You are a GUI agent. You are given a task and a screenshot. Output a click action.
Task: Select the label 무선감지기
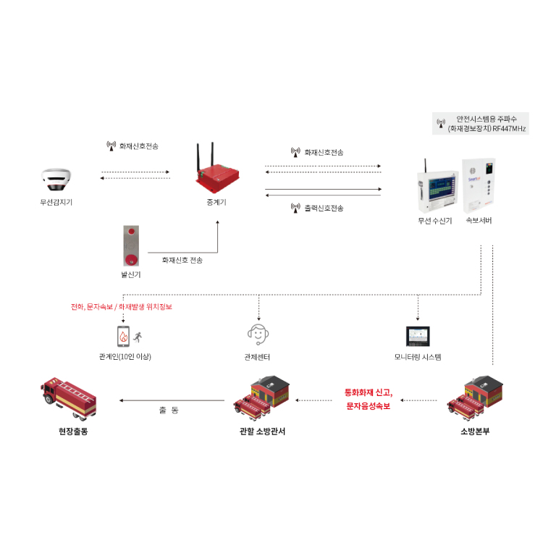pyautogui.click(x=56, y=202)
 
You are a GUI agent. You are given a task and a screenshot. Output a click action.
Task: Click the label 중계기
pyautogui.click(x=216, y=203)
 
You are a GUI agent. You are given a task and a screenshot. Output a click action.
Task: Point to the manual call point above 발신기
pyautogui.click(x=131, y=246)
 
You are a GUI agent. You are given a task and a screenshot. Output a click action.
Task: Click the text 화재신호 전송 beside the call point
pyautogui.click(x=182, y=260)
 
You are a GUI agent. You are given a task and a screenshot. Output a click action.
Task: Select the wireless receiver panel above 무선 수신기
pyautogui.click(x=436, y=189)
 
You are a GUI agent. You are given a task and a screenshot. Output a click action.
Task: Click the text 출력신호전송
pyautogui.click(x=323, y=209)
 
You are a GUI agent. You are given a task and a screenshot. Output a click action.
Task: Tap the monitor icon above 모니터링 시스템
pyautogui.click(x=418, y=335)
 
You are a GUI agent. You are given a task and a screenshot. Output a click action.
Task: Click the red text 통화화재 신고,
pyautogui.click(x=369, y=392)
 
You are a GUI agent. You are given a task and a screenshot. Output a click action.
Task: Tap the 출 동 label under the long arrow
pyautogui.click(x=168, y=411)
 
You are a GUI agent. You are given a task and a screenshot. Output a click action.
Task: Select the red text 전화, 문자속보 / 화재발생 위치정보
pyautogui.click(x=121, y=307)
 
